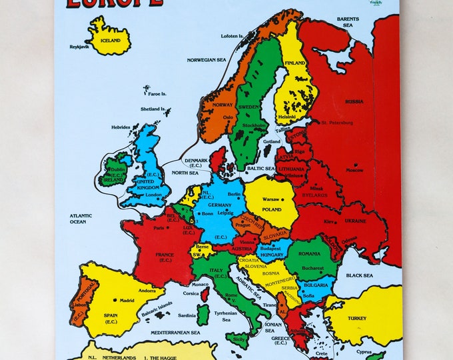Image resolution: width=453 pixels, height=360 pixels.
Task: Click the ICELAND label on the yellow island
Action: click(111, 41)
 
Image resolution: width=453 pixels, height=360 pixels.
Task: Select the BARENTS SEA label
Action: click(347, 22)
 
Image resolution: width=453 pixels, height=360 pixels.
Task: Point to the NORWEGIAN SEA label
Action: click(207, 59)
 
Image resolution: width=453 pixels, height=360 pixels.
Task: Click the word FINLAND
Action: click(295, 63)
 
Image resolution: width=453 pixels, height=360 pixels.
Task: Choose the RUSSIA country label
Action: click(354, 101)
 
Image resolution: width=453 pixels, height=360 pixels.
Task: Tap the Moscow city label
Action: click(354, 170)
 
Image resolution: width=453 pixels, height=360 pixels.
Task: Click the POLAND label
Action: click(271, 209)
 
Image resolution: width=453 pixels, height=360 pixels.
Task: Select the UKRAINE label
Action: click(355, 222)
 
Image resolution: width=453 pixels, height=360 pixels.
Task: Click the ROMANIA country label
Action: click(310, 254)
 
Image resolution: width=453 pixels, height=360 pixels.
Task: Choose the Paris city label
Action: click(159, 228)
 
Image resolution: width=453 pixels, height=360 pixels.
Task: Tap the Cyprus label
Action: click(382, 351)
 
